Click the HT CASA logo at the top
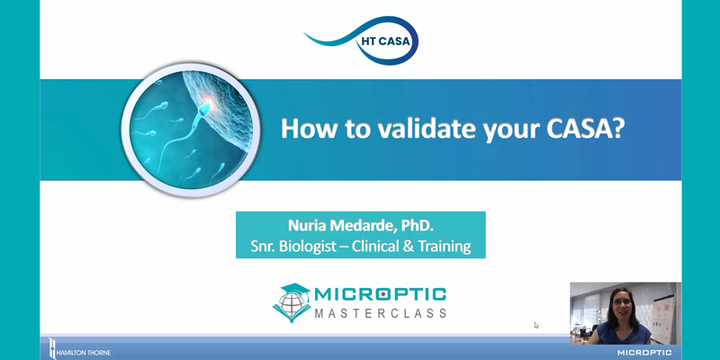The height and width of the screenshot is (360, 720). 362,40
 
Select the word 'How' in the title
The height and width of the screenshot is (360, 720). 310,129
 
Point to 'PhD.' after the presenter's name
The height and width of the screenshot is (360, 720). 418,226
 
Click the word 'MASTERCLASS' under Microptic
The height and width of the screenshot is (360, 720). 380,313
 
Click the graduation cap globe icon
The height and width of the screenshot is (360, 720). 292,302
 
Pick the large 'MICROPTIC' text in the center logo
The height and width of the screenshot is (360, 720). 380,294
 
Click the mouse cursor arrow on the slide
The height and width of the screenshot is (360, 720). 535,325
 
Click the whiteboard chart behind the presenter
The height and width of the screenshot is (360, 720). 663,317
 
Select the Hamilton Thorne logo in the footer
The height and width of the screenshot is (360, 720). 79,348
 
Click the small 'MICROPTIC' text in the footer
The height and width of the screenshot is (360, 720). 644,353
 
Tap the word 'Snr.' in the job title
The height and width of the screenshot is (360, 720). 261,247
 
